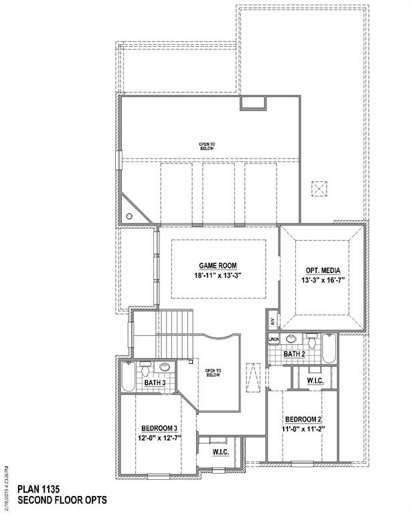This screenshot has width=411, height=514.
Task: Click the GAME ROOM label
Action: pyautogui.click(x=218, y=265)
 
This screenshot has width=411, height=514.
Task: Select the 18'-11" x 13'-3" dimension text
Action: pyautogui.click(x=218, y=276)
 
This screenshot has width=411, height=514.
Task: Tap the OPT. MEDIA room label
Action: pyautogui.click(x=323, y=270)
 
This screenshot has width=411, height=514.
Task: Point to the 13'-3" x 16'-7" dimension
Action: pyautogui.click(x=323, y=281)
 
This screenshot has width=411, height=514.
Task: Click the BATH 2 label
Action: pyautogui.click(x=295, y=353)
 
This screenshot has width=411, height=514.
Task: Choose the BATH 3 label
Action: pyautogui.click(x=155, y=382)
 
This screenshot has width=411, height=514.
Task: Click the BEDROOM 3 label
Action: pyautogui.click(x=159, y=428)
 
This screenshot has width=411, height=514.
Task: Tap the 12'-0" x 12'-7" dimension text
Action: pyautogui.click(x=159, y=438)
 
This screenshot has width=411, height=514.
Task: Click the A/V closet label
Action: pyautogui.click(x=272, y=321)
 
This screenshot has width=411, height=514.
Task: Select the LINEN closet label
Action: pyautogui.click(x=274, y=340)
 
